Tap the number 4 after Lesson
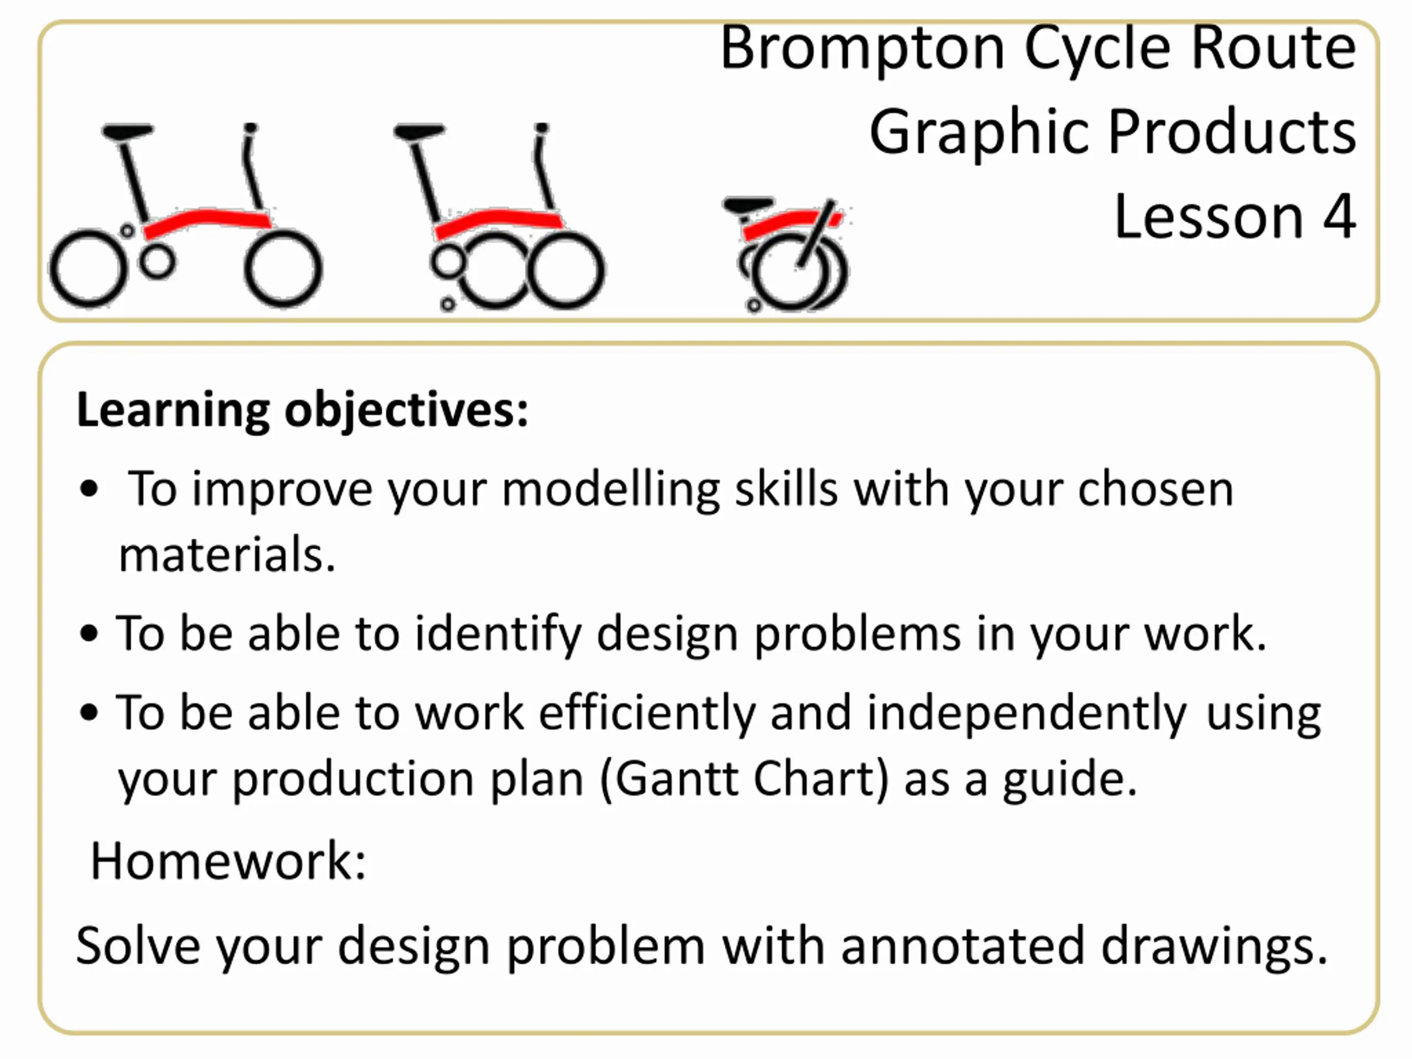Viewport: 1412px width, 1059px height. click(x=1339, y=217)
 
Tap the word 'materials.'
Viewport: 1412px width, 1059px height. click(x=227, y=554)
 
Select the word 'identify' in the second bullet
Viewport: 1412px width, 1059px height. click(x=498, y=634)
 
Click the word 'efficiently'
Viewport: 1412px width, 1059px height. click(x=646, y=714)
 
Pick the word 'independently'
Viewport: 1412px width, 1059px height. click(x=1026, y=714)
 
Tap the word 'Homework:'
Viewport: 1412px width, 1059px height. click(x=228, y=860)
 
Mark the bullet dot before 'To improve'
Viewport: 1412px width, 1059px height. click(x=89, y=490)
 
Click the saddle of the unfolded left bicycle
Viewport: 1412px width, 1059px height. click(x=127, y=131)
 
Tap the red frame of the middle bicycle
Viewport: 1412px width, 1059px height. click(x=498, y=222)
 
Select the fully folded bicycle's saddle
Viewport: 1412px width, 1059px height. click(x=748, y=206)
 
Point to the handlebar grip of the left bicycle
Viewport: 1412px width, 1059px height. click(x=250, y=129)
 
